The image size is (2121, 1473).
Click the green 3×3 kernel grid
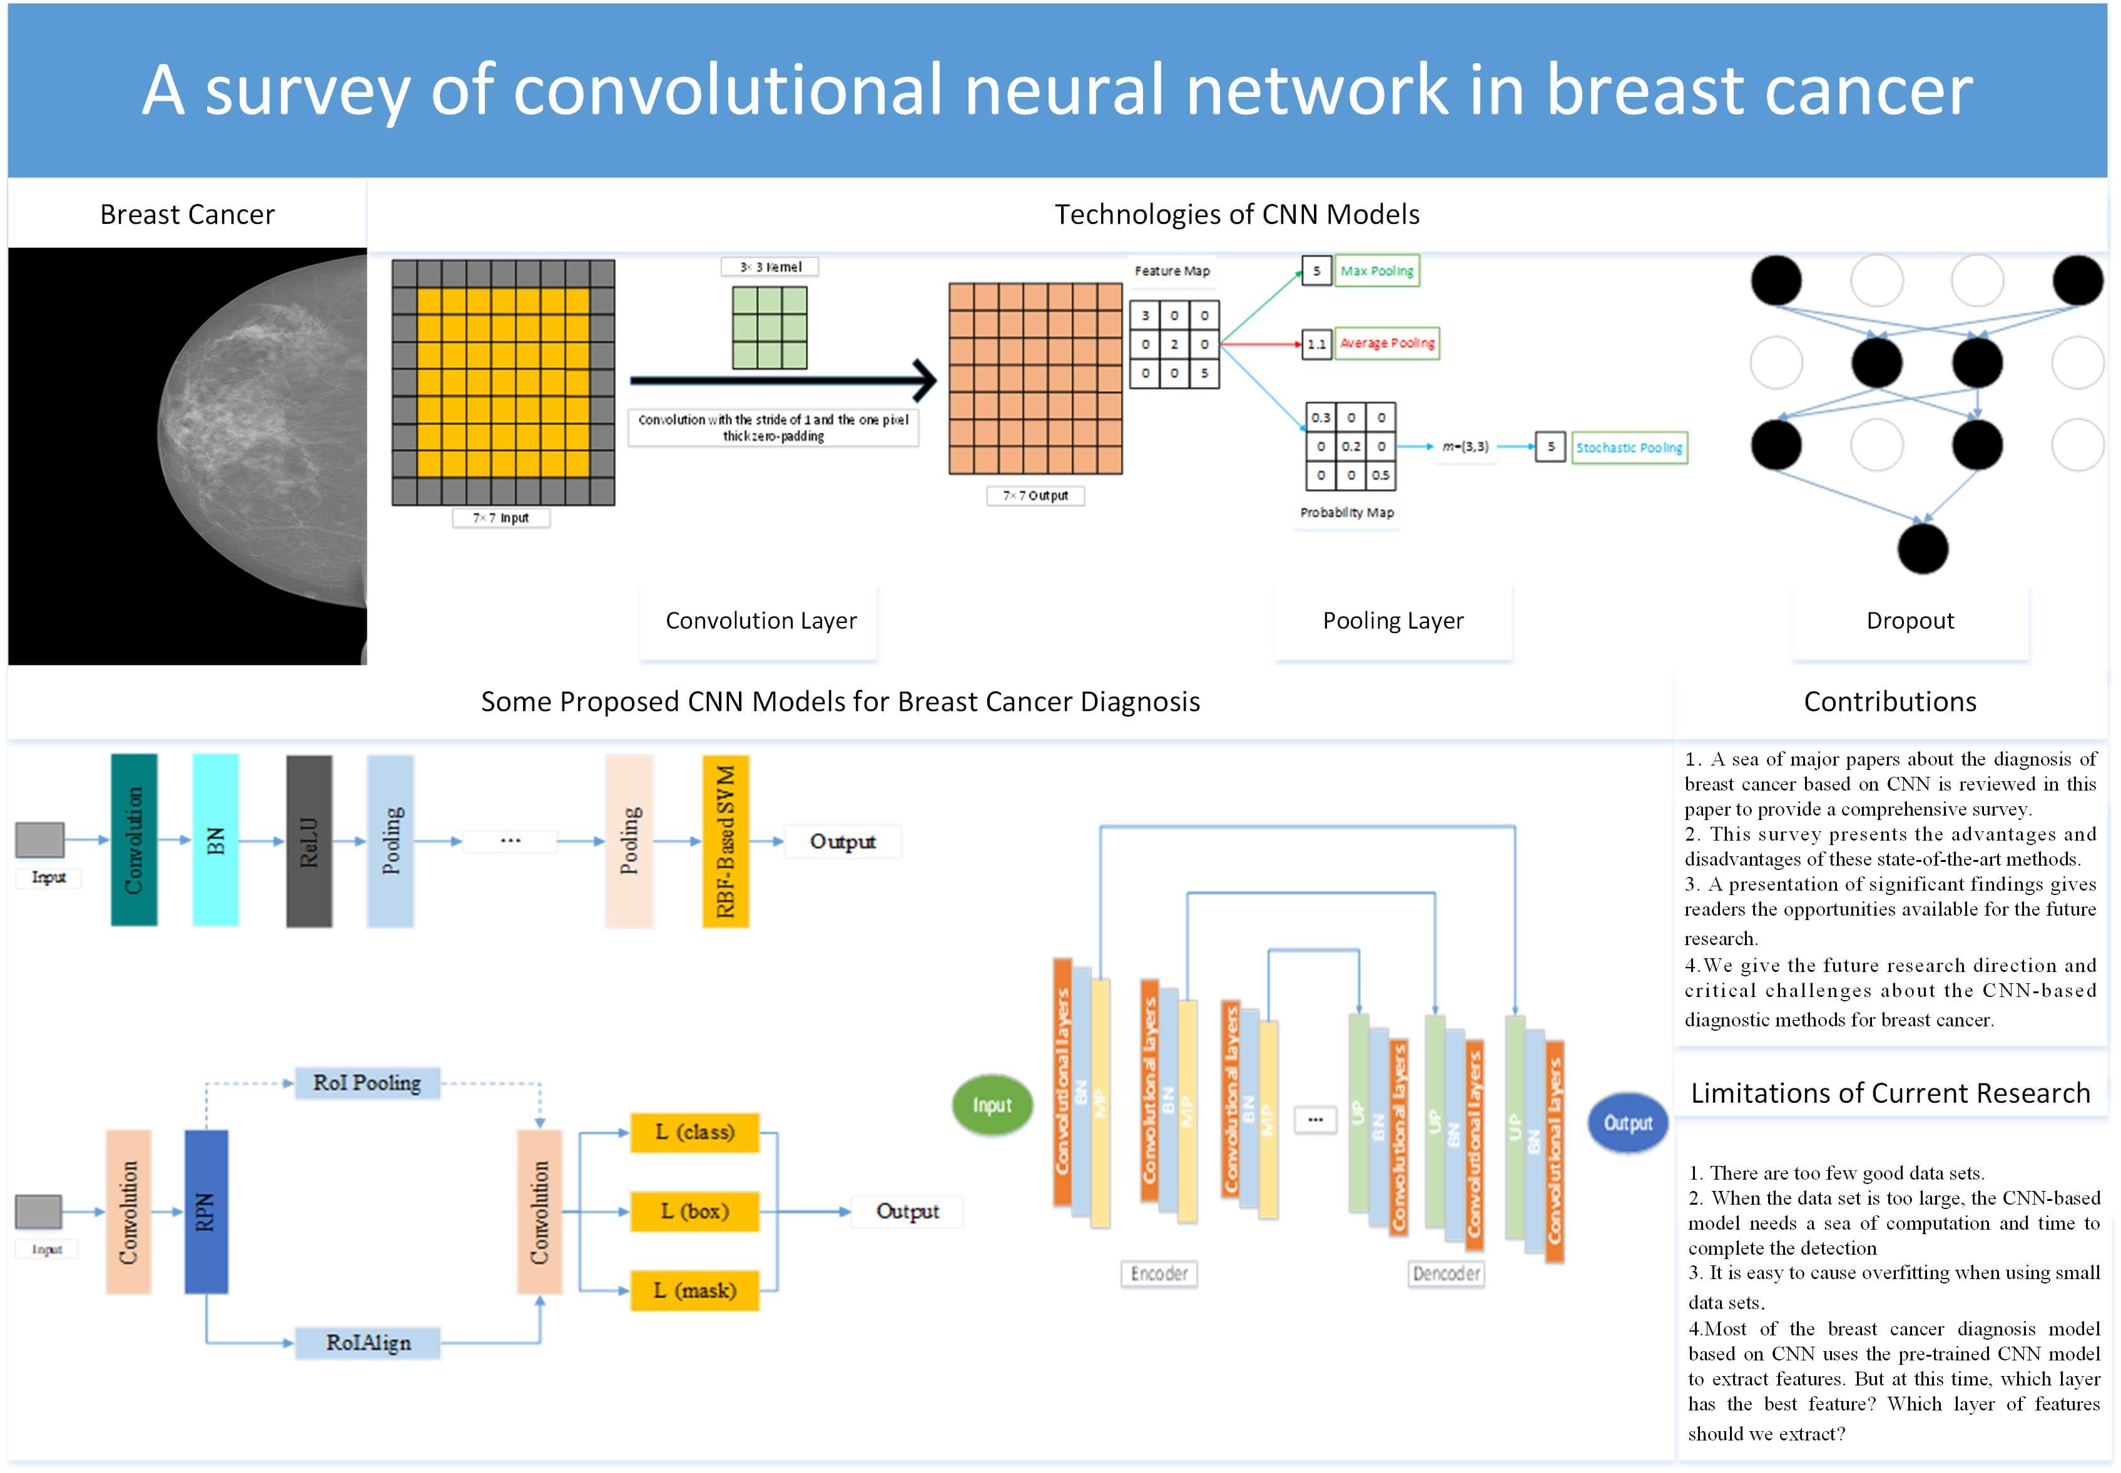[x=769, y=328]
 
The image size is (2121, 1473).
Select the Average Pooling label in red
[x=1386, y=343]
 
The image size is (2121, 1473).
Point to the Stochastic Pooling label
[x=1629, y=448]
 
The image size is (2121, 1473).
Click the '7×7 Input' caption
[x=501, y=518]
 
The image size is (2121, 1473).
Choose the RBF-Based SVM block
[x=726, y=841]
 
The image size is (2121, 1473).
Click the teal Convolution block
[x=134, y=840]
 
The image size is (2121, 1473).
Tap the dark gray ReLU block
[x=309, y=841]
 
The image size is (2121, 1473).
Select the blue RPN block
[x=206, y=1211]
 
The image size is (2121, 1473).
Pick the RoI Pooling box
[x=367, y=1083]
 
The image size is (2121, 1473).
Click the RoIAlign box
[x=367, y=1343]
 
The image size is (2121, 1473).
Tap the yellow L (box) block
[x=694, y=1211]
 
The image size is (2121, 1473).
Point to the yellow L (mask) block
[x=694, y=1290]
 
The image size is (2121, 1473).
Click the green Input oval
[x=992, y=1105]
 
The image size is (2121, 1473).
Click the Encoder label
[x=1159, y=1273]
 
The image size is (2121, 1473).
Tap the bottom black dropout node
[x=1923, y=549]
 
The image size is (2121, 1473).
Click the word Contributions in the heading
[x=1890, y=702]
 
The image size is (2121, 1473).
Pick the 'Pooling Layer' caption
[x=1393, y=621]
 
